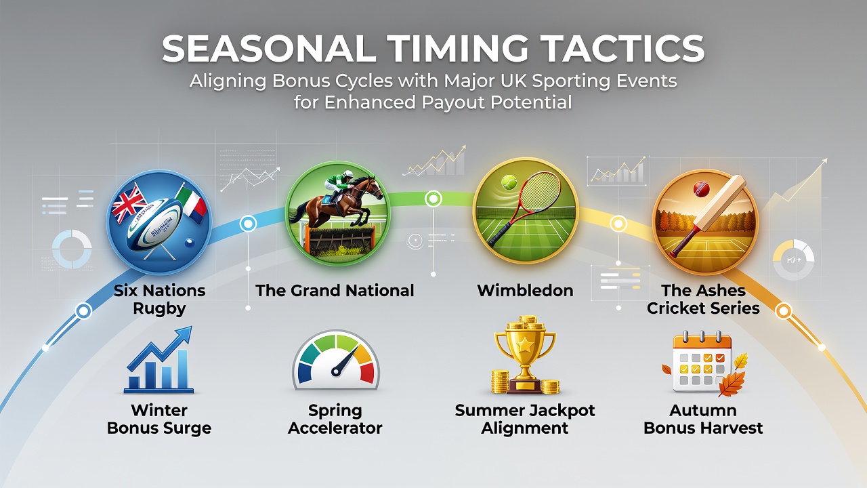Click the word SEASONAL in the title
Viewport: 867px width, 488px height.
[x=269, y=49]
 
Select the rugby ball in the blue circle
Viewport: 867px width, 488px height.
[x=155, y=226]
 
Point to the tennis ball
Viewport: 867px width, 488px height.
[x=509, y=182]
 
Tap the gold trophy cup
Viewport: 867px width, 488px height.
[x=525, y=356]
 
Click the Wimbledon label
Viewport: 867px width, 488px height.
[x=525, y=291]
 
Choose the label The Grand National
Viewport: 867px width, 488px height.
[x=335, y=291]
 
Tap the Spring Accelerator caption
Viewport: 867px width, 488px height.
[x=335, y=420]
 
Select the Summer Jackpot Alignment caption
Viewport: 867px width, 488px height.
[x=525, y=420]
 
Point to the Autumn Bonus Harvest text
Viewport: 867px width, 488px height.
[x=703, y=420]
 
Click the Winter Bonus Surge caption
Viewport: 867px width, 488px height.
[x=159, y=420]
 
